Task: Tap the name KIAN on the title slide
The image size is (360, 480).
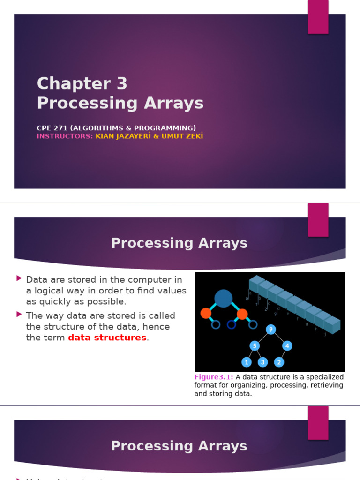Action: click(106, 136)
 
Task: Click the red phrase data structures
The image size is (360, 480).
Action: click(107, 337)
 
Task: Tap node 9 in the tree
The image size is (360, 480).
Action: click(270, 330)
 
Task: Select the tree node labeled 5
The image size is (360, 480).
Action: click(255, 346)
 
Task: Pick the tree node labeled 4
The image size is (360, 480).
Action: click(287, 346)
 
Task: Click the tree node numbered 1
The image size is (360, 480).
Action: click(247, 362)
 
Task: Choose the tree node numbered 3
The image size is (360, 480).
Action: click(262, 362)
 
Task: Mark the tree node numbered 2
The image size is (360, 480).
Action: click(279, 362)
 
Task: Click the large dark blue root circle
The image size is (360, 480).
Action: click(224, 298)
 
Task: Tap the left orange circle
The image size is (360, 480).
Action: click(206, 313)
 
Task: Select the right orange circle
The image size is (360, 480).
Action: click(242, 314)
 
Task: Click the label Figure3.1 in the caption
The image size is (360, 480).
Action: click(214, 377)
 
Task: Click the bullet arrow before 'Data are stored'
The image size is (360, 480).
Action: click(19, 278)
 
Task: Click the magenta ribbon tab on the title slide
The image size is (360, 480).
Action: click(318, 17)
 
